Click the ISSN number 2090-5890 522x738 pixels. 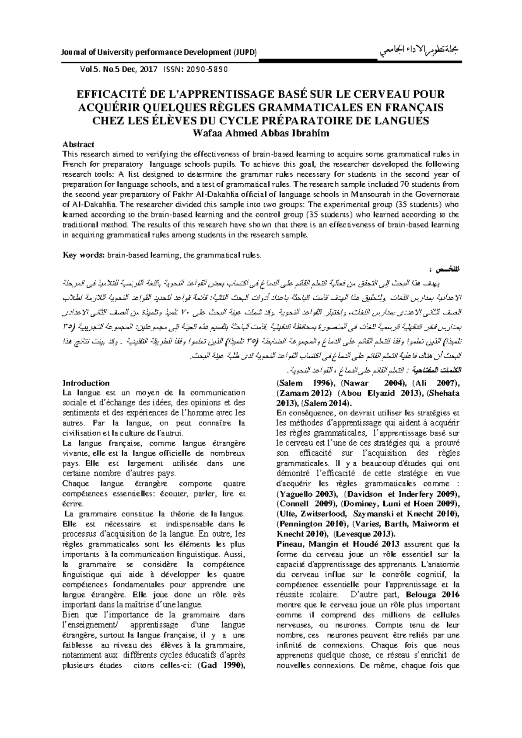204,69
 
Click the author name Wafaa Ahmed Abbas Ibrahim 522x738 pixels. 261,134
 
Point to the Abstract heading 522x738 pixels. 79,144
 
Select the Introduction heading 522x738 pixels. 86,383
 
